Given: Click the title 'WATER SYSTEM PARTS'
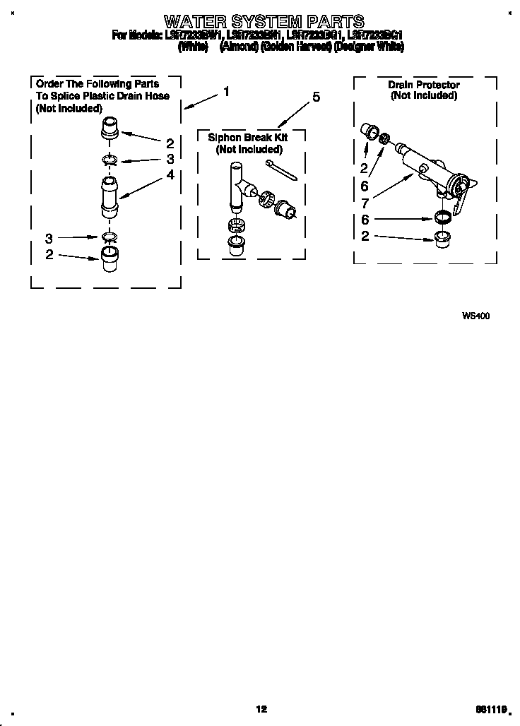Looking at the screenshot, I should coord(264,20).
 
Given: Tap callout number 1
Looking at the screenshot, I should coord(226,91).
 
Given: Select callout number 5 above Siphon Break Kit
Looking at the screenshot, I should coord(316,97).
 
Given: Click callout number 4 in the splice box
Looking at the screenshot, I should coord(170,174).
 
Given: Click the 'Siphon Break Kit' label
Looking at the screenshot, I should coord(248,138).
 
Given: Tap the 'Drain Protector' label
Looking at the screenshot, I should coord(423,85).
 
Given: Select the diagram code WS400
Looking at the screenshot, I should coord(475,316).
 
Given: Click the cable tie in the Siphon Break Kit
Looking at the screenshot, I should coord(280,170).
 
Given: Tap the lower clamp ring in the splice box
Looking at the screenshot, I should coord(110,236).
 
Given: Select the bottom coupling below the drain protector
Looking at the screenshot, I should coord(443,235).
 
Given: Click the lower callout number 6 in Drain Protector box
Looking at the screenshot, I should coord(365,220).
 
